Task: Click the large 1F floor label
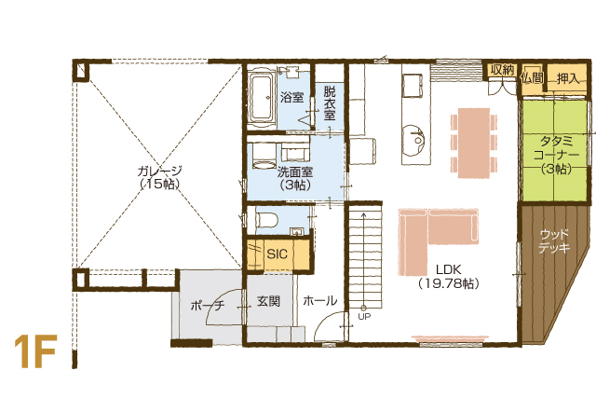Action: [35, 351]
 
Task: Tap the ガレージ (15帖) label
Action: [159, 177]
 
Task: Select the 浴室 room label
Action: [291, 98]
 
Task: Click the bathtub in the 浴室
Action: [262, 98]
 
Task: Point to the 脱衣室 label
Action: [330, 103]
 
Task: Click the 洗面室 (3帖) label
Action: [295, 178]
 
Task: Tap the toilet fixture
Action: [267, 219]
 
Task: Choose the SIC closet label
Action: [278, 254]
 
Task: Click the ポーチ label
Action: [208, 305]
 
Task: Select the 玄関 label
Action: [269, 301]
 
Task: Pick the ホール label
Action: [320, 301]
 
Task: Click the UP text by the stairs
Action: [364, 316]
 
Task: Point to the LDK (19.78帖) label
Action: [449, 276]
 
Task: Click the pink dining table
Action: [474, 143]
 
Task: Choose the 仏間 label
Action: [532, 78]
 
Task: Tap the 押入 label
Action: [568, 79]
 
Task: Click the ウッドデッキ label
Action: [555, 241]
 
